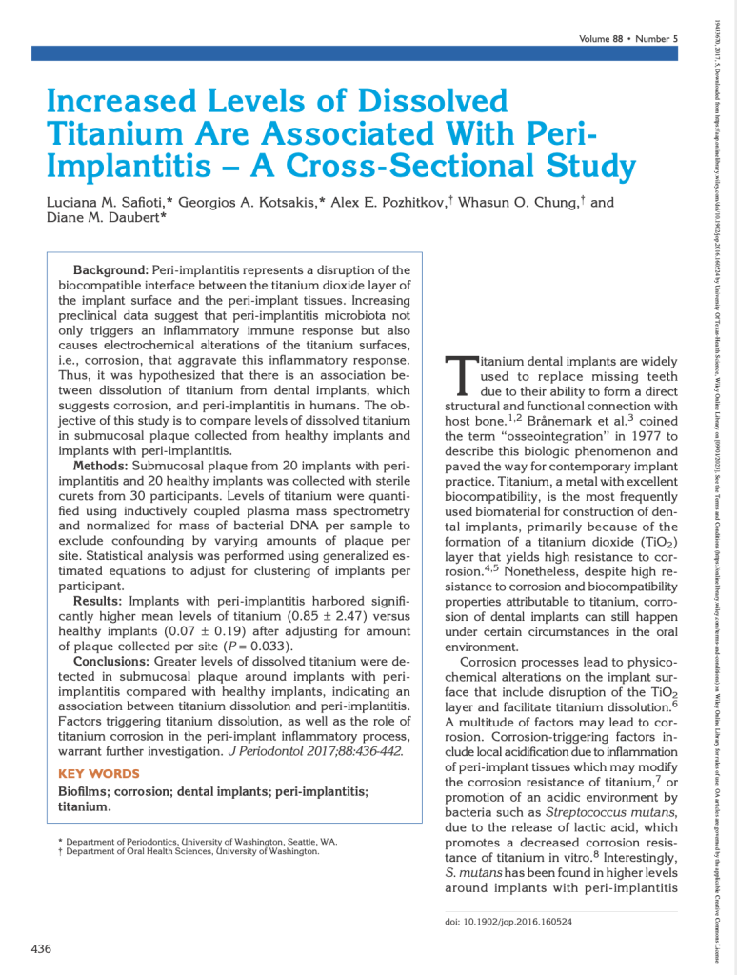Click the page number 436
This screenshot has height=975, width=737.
pos(41,948)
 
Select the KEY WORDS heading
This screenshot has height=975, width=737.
pos(98,773)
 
